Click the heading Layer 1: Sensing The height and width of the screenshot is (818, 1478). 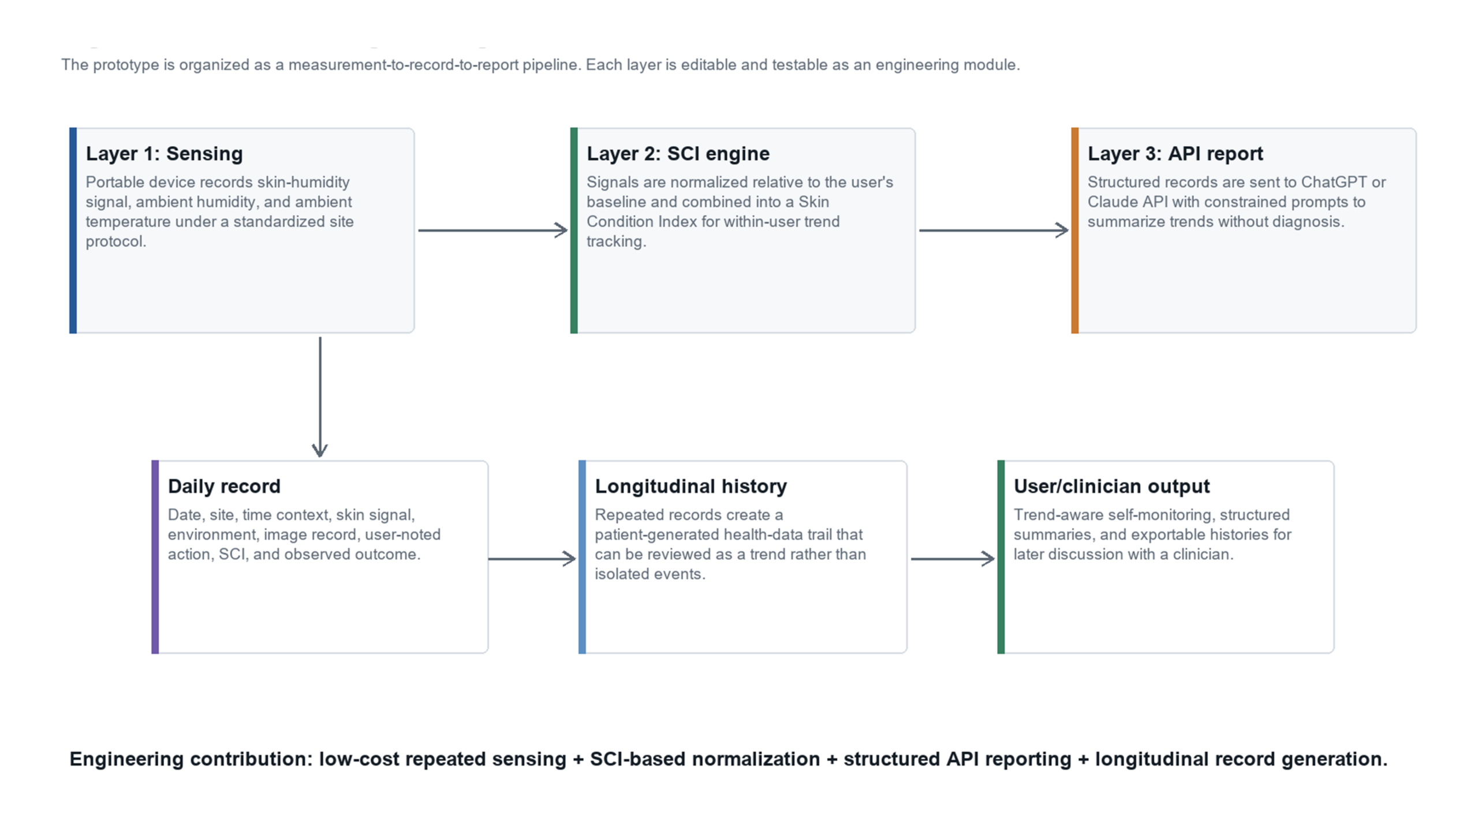pyautogui.click(x=164, y=154)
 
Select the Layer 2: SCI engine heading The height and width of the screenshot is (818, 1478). pyautogui.click(x=678, y=154)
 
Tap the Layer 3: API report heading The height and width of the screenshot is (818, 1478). pyautogui.click(x=1175, y=154)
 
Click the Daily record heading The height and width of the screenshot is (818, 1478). pyautogui.click(x=224, y=486)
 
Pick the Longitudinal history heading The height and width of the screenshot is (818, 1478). pyautogui.click(x=691, y=486)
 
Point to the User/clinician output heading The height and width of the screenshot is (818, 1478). pyautogui.click(x=1111, y=486)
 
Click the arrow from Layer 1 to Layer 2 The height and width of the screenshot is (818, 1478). pyautogui.click(x=493, y=230)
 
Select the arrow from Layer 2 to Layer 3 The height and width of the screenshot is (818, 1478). pyautogui.click(x=994, y=230)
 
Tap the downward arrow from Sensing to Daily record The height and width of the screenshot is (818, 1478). pyautogui.click(x=320, y=397)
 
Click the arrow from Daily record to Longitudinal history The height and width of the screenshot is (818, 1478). pyautogui.click(x=532, y=558)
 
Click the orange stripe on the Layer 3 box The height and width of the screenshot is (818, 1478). pyautogui.click(x=1074, y=230)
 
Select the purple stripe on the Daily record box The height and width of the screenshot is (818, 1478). pyautogui.click(x=155, y=557)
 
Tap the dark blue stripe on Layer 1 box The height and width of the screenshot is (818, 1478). pyautogui.click(x=73, y=230)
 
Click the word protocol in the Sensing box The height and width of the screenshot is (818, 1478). pyautogui.click(x=115, y=242)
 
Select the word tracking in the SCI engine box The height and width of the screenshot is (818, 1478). pyautogui.click(x=616, y=242)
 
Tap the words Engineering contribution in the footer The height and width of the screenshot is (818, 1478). pyautogui.click(x=193, y=759)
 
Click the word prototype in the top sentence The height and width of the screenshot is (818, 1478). pyautogui.click(x=125, y=65)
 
